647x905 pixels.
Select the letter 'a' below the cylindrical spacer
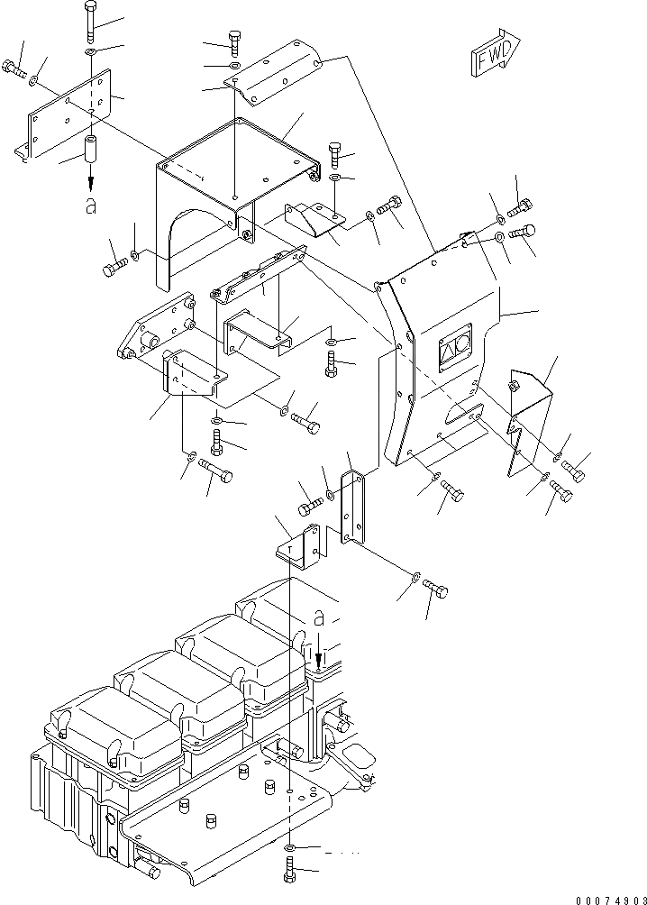tap(90, 206)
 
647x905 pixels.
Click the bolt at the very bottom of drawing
tap(288, 872)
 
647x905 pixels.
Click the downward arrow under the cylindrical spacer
tap(90, 183)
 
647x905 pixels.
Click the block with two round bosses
tap(153, 330)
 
